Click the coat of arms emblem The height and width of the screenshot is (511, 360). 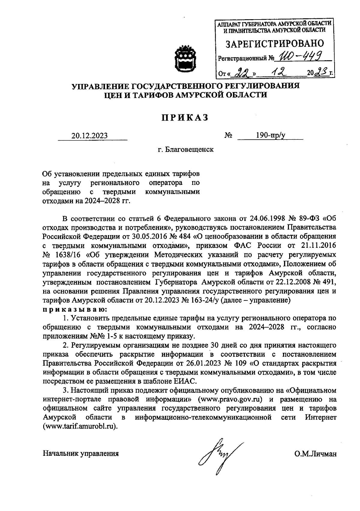(x=185, y=59)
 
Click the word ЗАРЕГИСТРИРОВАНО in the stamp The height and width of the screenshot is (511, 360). (x=274, y=44)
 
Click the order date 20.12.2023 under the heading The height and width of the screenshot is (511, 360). (x=90, y=136)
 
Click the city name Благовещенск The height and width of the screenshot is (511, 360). (x=190, y=149)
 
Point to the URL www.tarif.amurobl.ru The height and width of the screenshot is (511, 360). (x=80, y=427)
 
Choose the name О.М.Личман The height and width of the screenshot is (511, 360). (x=315, y=454)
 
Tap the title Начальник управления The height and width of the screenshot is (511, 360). (x=81, y=453)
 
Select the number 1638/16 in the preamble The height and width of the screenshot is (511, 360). (x=69, y=255)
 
